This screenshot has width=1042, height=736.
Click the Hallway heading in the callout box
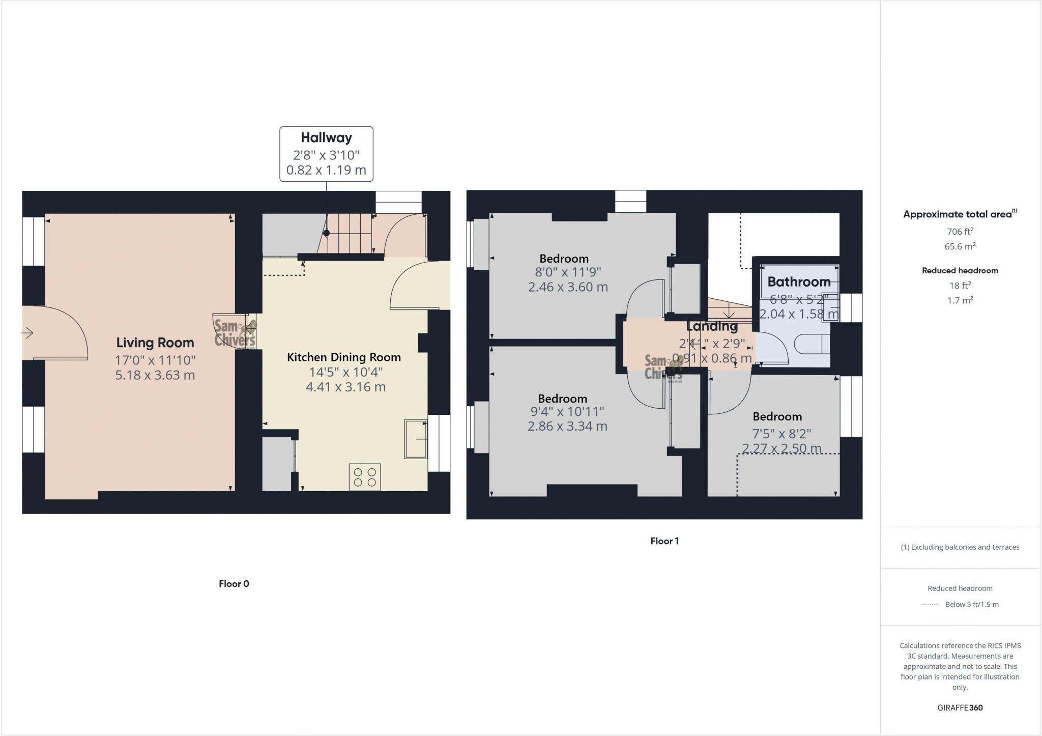(x=326, y=137)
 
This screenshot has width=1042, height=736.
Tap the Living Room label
(x=155, y=343)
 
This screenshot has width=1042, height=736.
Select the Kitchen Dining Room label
(x=344, y=357)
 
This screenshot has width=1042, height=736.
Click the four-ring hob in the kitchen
(x=365, y=477)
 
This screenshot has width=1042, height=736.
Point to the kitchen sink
(x=416, y=438)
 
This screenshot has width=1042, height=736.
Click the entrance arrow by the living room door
(x=27, y=333)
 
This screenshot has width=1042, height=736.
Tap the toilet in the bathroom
(x=811, y=344)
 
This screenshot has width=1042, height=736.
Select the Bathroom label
(x=799, y=281)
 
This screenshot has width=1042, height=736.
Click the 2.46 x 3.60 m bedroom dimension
(x=568, y=287)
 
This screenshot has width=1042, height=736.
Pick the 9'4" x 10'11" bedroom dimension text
(x=567, y=411)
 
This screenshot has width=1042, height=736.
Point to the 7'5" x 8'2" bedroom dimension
(x=781, y=434)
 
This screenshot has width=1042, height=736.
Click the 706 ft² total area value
(x=960, y=232)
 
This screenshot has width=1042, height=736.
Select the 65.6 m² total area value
(x=960, y=246)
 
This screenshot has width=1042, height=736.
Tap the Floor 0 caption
(x=234, y=584)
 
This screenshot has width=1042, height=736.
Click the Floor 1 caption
(x=664, y=541)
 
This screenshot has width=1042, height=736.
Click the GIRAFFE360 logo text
(x=960, y=707)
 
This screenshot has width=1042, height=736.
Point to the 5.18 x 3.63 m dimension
(x=155, y=375)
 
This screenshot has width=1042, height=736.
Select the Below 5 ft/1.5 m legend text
(x=972, y=605)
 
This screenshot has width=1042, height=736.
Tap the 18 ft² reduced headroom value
(x=960, y=286)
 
